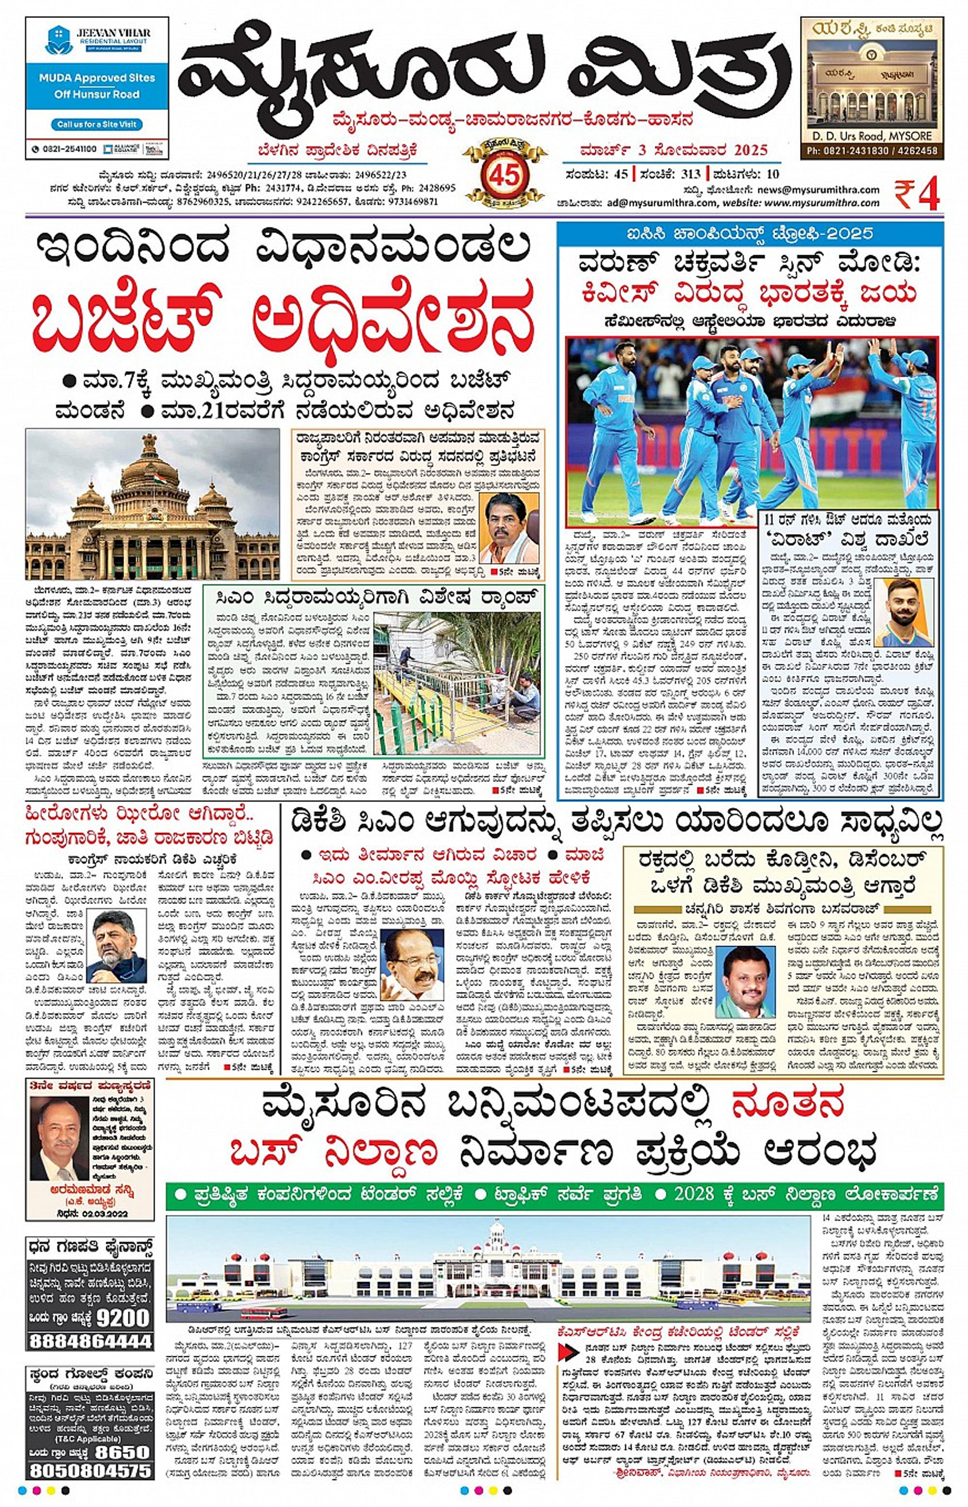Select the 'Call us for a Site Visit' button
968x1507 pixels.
pyautogui.click(x=97, y=125)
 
